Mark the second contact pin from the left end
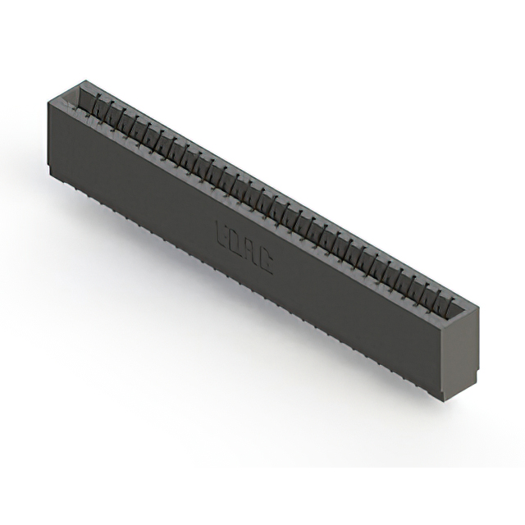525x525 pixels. (105, 110)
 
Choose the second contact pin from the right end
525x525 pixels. (436, 296)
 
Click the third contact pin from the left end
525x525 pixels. (116, 116)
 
